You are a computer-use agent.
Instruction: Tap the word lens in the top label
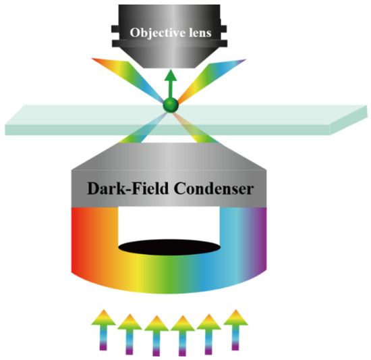[x=214, y=32]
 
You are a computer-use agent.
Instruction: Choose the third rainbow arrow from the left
[x=155, y=332]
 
